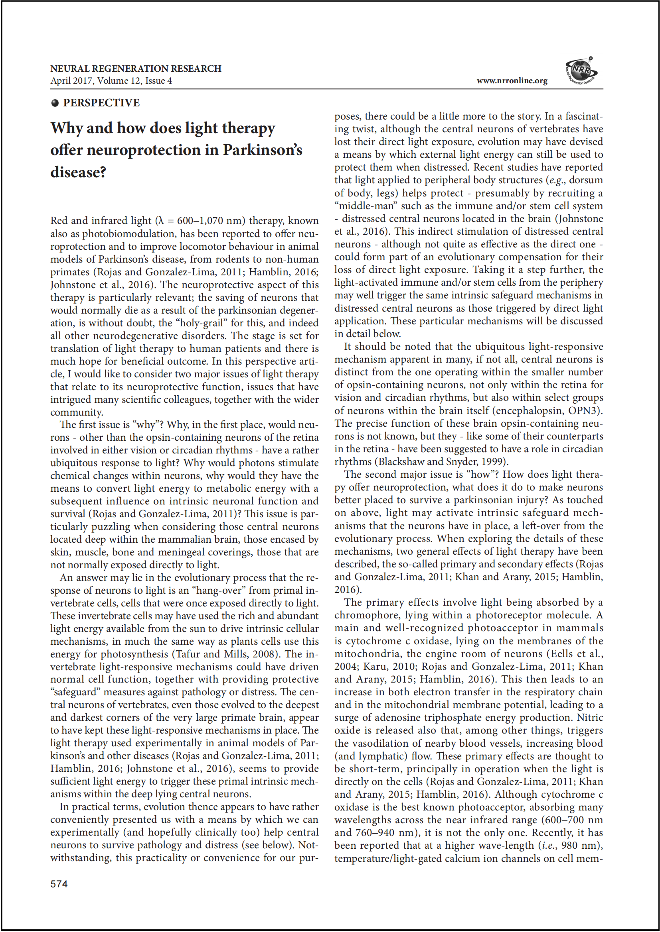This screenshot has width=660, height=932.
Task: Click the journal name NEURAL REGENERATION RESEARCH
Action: [136, 69]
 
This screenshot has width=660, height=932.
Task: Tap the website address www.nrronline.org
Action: [512, 81]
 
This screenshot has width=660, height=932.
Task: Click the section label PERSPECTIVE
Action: [101, 103]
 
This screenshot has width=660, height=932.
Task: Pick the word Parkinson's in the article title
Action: [262, 150]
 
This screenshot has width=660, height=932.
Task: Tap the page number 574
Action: [59, 884]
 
